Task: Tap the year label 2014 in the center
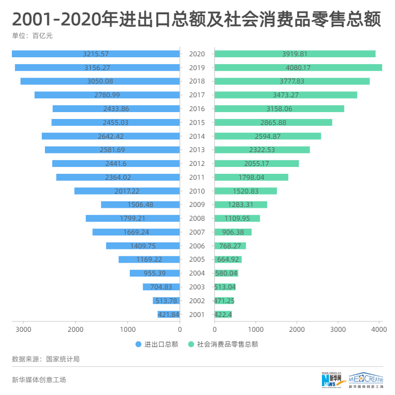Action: click(197, 136)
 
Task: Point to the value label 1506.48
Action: click(140, 204)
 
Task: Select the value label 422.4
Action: click(223, 315)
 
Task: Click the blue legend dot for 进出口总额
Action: click(138, 344)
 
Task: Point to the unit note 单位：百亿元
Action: click(32, 36)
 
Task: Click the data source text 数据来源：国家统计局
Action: click(45, 359)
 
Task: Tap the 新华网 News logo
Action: click(333, 379)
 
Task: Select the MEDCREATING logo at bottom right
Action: click(366, 379)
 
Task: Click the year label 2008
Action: click(197, 218)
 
